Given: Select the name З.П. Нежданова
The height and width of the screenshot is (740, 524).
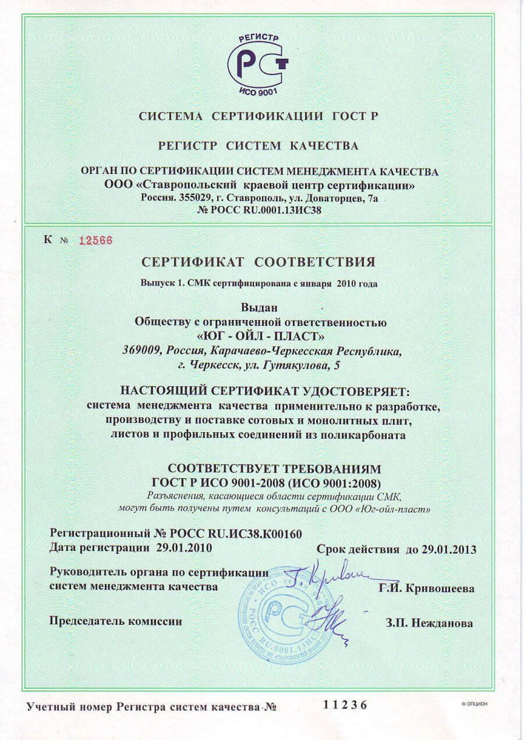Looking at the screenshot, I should click(x=429, y=623).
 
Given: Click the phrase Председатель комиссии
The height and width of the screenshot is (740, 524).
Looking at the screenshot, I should click(x=116, y=621).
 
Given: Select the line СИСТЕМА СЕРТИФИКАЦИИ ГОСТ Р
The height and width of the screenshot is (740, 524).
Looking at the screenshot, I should click(x=259, y=116).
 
